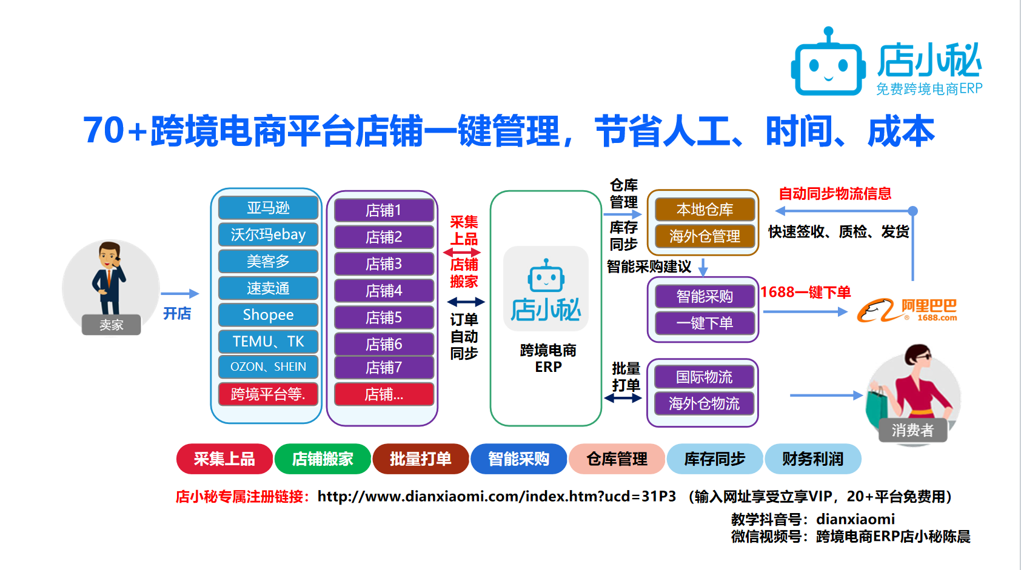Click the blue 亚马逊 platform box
268,208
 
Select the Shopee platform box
268,314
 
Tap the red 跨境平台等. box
268,394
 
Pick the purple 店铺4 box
384,291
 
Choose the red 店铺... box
384,394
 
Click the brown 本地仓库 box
705,210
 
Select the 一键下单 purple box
705,323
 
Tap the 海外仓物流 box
705,403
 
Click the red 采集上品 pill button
224,459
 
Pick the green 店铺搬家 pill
323,459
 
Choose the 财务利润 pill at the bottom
812,459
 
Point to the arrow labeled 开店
180,294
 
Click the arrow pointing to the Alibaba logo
805,312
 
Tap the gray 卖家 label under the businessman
111,325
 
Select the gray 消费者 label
912,430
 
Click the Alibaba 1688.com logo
907,311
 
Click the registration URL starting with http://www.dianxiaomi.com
497,496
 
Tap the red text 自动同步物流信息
835,193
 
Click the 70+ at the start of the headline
115,131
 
